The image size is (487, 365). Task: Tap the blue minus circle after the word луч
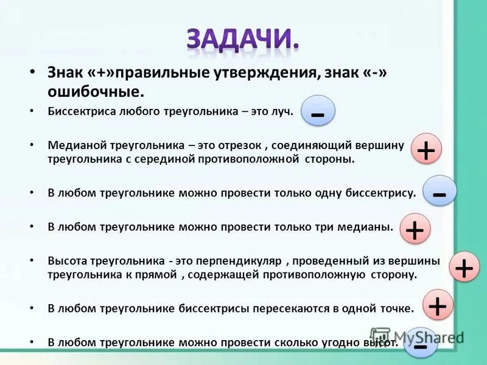(x=317, y=111)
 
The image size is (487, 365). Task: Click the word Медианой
(x=77, y=146)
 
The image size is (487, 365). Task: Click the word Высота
(x=68, y=261)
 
